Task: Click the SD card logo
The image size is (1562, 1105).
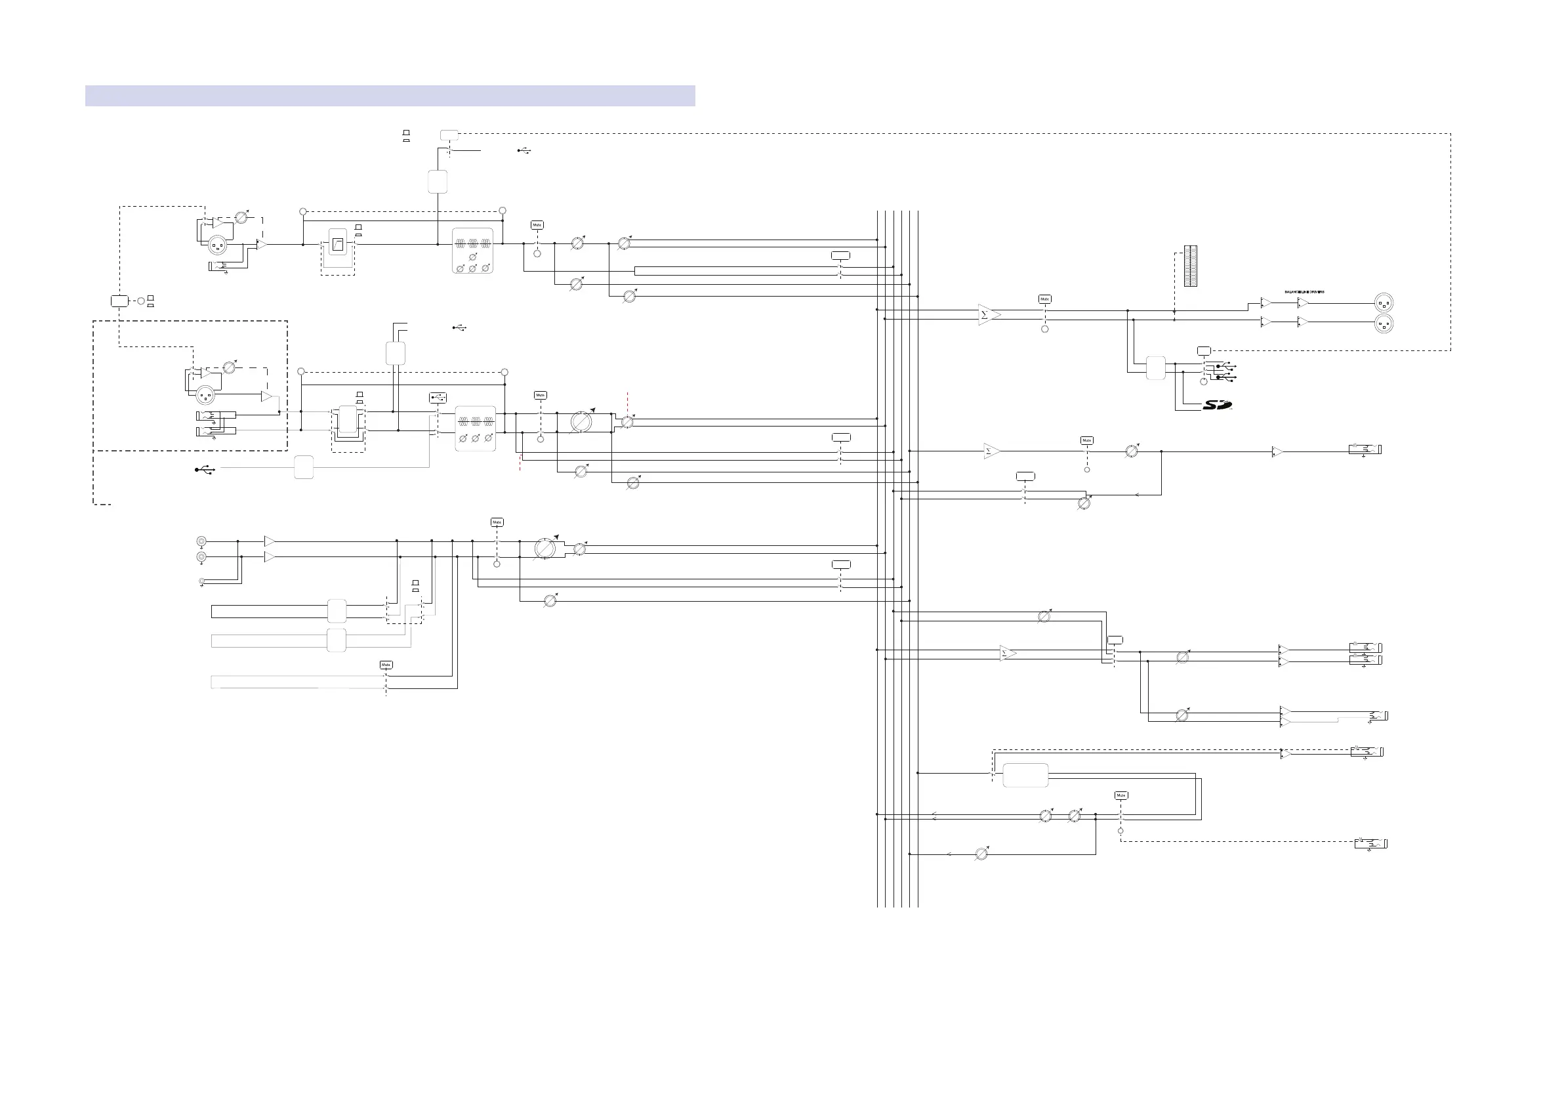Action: point(1217,405)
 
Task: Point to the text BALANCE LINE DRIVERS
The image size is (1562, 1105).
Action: point(1304,292)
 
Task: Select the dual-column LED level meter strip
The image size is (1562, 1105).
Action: point(1191,266)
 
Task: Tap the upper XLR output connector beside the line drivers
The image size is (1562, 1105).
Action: point(1384,302)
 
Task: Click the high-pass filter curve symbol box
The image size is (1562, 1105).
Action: point(337,242)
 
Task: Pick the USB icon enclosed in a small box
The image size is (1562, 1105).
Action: point(438,398)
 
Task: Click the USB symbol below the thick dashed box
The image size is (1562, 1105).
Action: point(204,469)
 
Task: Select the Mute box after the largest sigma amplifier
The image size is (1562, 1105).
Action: point(1044,299)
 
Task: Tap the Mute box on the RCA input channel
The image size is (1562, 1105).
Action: point(497,522)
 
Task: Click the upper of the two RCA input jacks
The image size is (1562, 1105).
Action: point(201,541)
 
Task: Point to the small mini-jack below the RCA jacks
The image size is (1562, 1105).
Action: point(201,581)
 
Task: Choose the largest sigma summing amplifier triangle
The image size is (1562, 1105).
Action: point(988,314)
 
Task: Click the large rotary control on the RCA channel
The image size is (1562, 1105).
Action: point(545,548)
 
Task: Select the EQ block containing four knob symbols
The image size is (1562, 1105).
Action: point(472,251)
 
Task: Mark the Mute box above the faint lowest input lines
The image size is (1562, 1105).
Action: point(386,665)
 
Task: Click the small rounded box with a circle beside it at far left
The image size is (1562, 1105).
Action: point(119,301)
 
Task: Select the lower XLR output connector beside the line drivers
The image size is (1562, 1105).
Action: point(1384,323)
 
